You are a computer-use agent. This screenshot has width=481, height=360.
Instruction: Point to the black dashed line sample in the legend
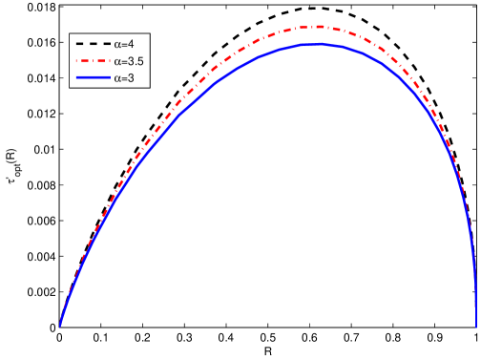[91, 44]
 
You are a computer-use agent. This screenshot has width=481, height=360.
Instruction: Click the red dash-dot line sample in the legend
[91, 61]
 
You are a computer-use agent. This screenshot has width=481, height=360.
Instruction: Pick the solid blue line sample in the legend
[91, 78]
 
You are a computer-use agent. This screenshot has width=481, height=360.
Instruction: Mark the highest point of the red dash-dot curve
[316, 26]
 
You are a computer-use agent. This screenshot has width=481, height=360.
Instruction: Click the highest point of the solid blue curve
[320, 43]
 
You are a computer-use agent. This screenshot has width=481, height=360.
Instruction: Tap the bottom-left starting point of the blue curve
[60, 326]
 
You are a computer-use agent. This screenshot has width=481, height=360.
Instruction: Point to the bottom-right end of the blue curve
[476, 326]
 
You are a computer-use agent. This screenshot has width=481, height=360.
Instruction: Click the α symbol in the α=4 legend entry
[115, 44]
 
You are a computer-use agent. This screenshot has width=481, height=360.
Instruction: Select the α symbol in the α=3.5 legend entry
[115, 61]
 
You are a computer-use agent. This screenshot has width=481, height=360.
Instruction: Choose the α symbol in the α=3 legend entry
[115, 78]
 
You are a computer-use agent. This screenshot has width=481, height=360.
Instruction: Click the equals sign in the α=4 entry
[122, 44]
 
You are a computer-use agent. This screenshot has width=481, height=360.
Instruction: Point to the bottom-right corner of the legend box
[150, 87]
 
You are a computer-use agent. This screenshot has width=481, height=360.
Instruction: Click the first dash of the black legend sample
[78, 44]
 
